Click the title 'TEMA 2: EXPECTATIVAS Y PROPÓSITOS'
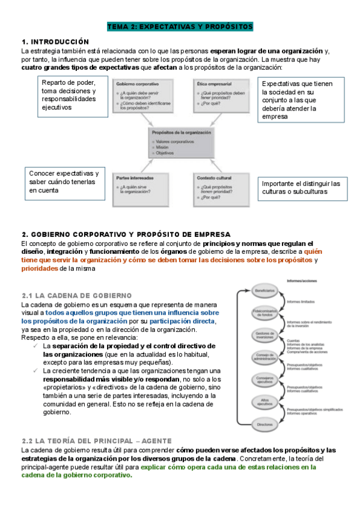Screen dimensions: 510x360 (x=180, y=27)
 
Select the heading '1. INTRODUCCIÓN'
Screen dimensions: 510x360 (x=55, y=41)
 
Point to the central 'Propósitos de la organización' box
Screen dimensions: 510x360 (x=182, y=143)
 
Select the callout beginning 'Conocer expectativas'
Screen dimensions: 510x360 (x=64, y=182)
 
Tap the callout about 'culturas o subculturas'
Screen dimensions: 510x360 (x=301, y=187)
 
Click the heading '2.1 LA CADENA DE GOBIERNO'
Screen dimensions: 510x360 (x=76, y=296)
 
